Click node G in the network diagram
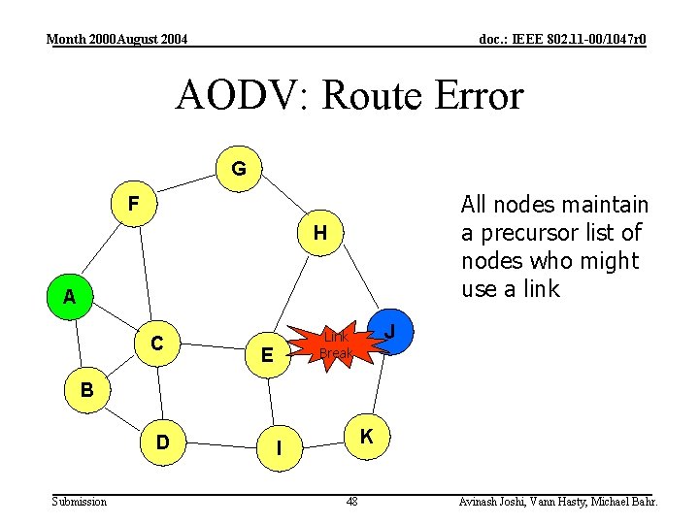(x=238, y=169)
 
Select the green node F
(x=135, y=204)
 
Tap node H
(x=319, y=233)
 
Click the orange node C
(x=156, y=343)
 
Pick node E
(x=266, y=356)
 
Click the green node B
(x=86, y=392)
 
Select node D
(x=164, y=442)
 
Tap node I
(x=279, y=448)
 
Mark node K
(x=366, y=437)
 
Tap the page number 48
(x=351, y=502)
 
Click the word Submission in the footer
(x=80, y=502)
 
